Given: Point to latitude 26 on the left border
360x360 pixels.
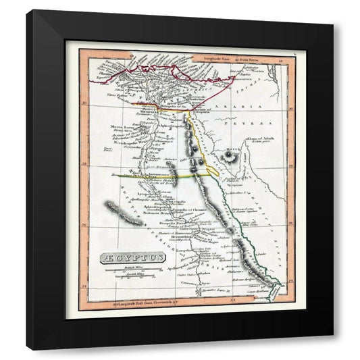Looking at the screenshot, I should [x=84, y=226].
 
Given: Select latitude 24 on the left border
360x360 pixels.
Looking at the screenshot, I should [x=84, y=286].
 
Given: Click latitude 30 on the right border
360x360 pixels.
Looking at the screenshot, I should [x=289, y=107].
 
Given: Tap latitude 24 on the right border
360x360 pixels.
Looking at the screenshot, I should [x=289, y=276].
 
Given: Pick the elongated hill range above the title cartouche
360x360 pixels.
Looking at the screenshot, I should [x=124, y=214].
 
